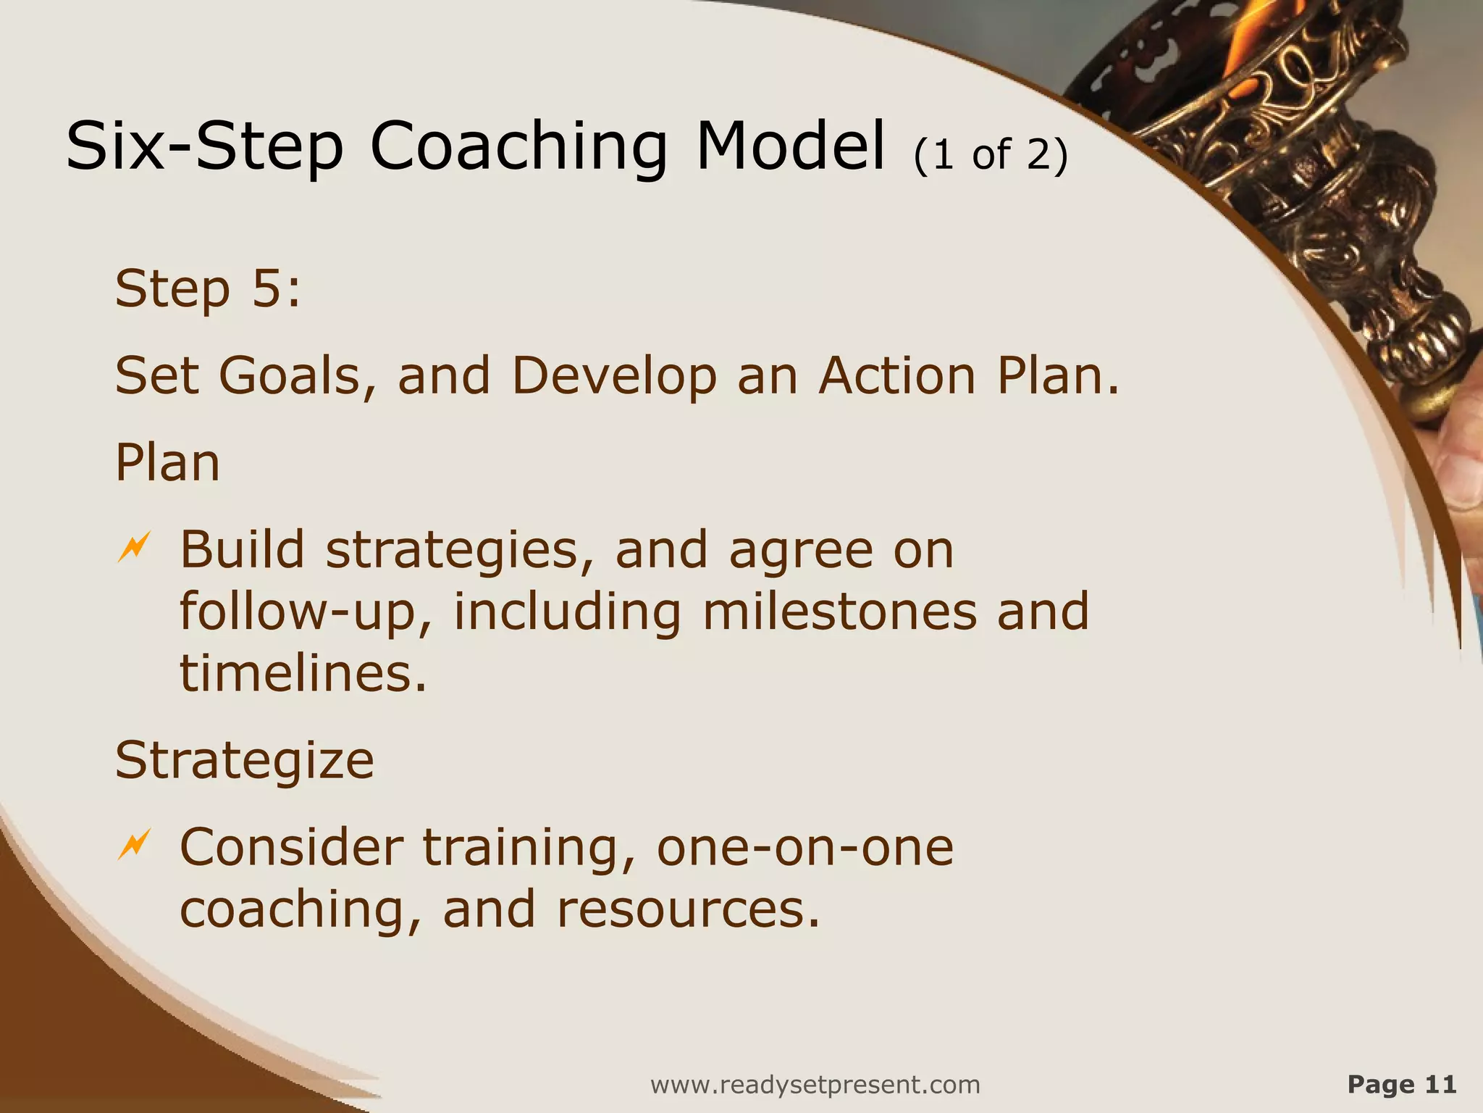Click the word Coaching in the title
point(518,147)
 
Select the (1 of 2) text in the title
point(991,154)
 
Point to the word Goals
point(298,376)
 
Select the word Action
point(897,376)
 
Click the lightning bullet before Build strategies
point(134,547)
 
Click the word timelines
point(303,673)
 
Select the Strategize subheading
point(245,760)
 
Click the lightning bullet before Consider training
point(134,844)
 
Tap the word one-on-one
point(804,847)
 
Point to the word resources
point(688,909)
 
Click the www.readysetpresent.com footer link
point(815,1085)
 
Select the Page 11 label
point(1401,1084)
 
